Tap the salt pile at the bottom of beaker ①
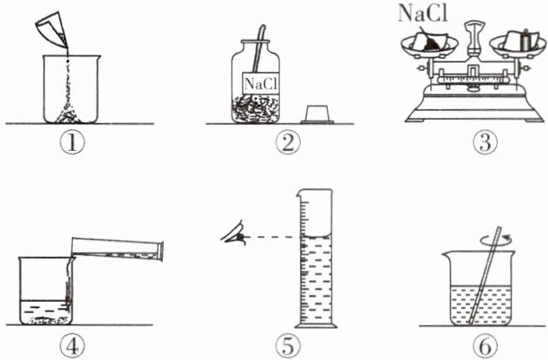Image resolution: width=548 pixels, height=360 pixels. click(68, 115)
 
